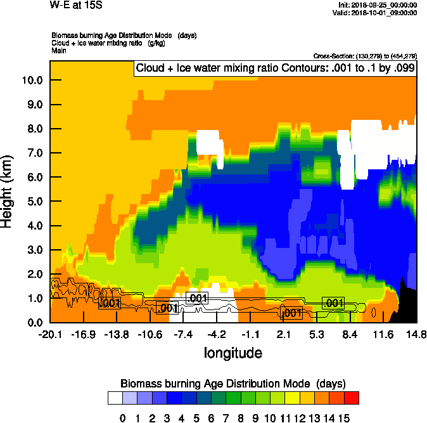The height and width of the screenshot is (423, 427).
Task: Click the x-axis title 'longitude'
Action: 233,352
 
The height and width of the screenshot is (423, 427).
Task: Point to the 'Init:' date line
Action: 378,4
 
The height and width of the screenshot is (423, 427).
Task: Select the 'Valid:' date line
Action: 378,12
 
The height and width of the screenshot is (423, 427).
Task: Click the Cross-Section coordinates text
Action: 365,56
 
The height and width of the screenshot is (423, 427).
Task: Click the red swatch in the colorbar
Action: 352,398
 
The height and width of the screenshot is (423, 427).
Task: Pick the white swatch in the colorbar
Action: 115,398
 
